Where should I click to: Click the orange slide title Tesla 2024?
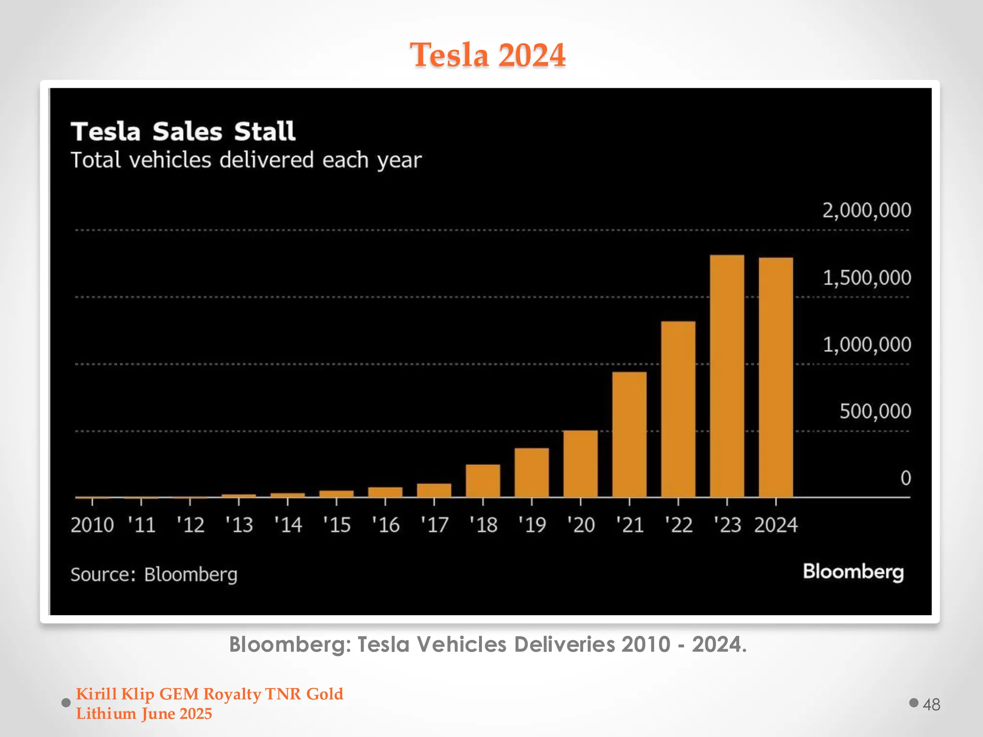coord(488,55)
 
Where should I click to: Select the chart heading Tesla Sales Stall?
coord(183,131)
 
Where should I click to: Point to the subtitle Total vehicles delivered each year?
coord(246,160)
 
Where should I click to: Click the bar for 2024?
coord(776,377)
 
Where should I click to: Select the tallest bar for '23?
coord(727,376)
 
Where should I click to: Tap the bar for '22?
coord(678,409)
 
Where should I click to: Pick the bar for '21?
coord(629,434)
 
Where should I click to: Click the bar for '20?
coord(580,464)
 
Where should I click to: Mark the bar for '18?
coord(482,480)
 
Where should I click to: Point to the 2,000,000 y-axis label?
coord(866,211)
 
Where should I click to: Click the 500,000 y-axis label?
coord(875,412)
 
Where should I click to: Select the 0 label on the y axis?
coord(905,478)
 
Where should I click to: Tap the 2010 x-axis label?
coord(92,525)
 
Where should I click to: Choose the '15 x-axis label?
coord(336,525)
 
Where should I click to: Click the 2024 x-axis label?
coord(776,525)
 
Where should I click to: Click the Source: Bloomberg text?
coord(154,574)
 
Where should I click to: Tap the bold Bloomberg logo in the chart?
coord(853,572)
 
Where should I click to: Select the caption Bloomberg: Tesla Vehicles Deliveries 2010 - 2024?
coord(488,644)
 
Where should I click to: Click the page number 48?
coord(931,704)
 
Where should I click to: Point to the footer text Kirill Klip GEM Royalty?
coord(209,694)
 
